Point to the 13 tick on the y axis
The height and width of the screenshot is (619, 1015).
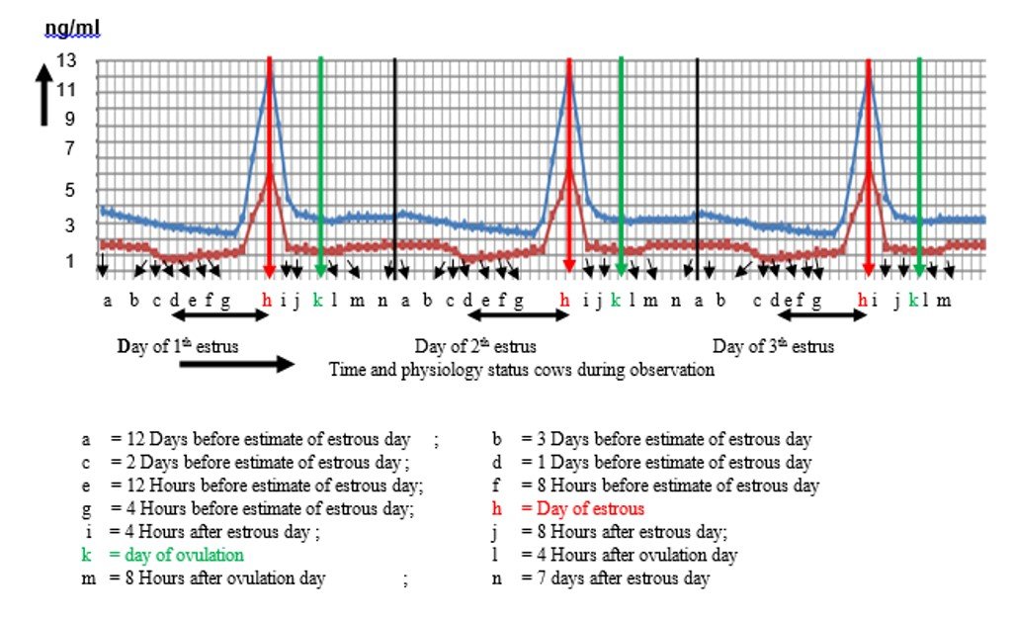[x=66, y=61]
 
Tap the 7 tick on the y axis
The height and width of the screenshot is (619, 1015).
[x=69, y=150]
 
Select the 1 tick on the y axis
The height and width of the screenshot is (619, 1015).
[x=69, y=261]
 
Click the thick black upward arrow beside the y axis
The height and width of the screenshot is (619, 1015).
[x=44, y=95]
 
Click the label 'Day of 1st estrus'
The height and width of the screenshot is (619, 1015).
[x=178, y=346]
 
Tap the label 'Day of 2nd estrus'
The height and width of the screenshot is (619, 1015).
[x=475, y=347]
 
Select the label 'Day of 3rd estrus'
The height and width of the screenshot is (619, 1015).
[x=773, y=347]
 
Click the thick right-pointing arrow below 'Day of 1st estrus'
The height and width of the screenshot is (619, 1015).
[x=237, y=364]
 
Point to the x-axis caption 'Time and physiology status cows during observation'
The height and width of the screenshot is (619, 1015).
[x=522, y=371]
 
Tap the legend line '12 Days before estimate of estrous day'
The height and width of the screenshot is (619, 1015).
[x=266, y=439]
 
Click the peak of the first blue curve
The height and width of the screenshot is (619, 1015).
[x=269, y=75]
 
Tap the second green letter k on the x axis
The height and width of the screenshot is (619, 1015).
[x=616, y=302]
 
